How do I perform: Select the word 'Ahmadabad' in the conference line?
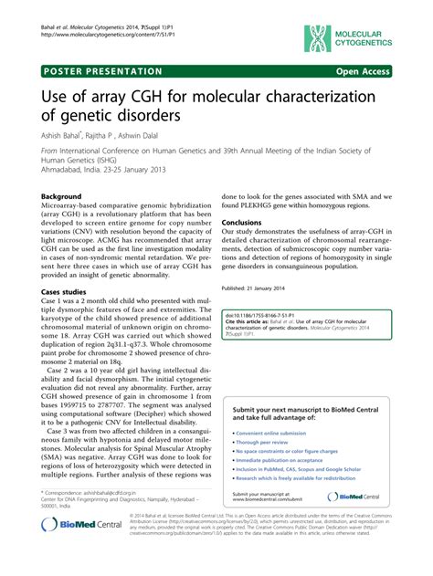tap(67, 167)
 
